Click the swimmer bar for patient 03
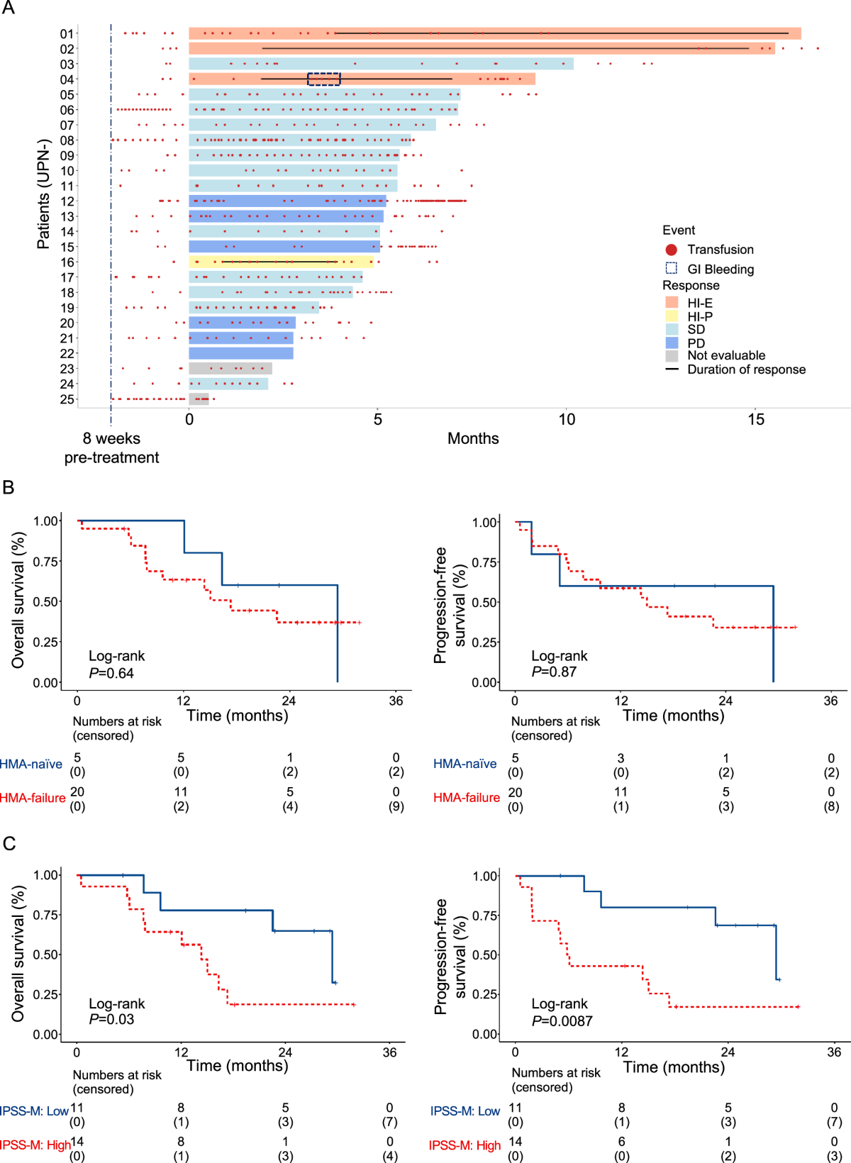381,65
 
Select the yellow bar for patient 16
281,262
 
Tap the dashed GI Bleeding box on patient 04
324,79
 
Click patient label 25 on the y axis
67,399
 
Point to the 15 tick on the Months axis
756,419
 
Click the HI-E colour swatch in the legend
672,303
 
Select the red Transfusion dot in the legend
672,250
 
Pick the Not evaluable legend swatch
672,356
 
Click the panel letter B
9,488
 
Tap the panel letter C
9,844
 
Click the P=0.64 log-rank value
111,673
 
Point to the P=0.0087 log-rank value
562,1021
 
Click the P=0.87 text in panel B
554,672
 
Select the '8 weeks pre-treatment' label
111,448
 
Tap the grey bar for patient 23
230,369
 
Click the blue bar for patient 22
241,353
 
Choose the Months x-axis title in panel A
473,439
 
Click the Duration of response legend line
672,369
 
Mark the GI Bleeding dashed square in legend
672,268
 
